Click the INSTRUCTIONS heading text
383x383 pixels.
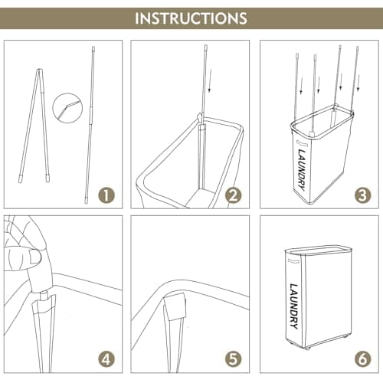tap(191, 18)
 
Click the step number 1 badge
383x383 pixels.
tap(106, 195)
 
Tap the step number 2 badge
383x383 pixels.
tap(233, 195)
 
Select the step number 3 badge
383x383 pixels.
tap(362, 195)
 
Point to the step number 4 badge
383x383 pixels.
tap(106, 359)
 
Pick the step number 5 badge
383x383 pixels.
tap(233, 359)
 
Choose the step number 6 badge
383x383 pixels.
tap(362, 359)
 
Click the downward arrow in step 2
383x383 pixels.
tap(210, 80)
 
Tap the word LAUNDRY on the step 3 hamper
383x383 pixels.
tap(301, 170)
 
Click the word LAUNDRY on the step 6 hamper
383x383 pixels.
tap(294, 306)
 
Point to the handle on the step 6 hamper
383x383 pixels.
tap(293, 261)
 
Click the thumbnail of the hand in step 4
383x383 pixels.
tap(34, 257)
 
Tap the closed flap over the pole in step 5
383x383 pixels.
tap(176, 307)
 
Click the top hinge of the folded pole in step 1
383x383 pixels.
tap(40, 70)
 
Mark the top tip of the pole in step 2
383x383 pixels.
tap(206, 46)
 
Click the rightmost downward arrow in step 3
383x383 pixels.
tap(358, 83)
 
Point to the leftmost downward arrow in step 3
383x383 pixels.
tap(301, 86)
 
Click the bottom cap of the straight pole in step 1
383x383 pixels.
tap(86, 199)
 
